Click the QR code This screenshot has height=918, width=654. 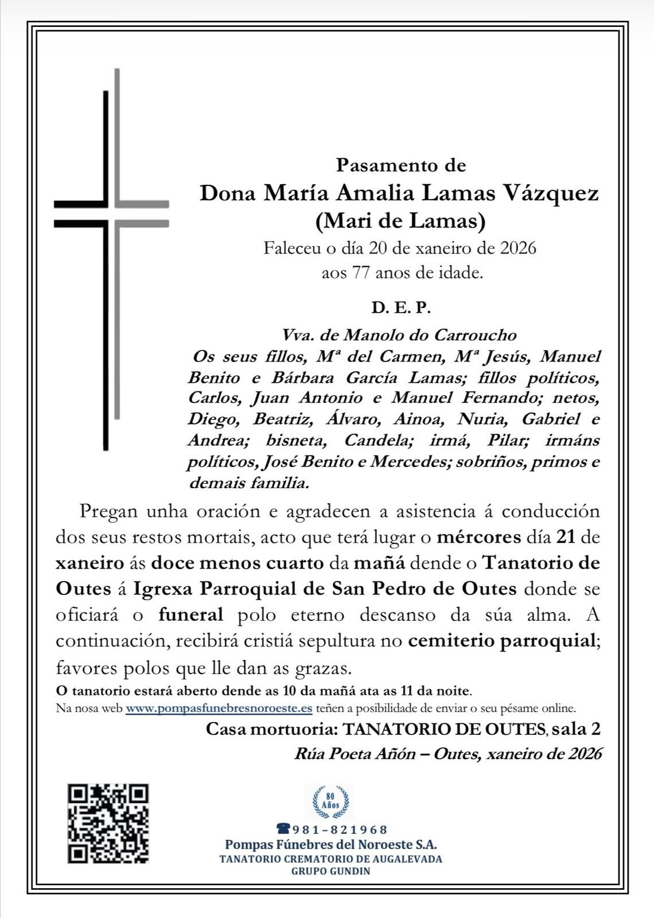108,823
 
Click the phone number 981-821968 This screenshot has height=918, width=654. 340,829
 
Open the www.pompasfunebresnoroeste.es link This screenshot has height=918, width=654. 219,708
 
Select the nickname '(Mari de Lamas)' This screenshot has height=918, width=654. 399,221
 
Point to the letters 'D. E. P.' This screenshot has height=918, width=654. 400,308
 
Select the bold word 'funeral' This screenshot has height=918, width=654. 190,614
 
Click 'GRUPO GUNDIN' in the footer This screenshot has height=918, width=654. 330,871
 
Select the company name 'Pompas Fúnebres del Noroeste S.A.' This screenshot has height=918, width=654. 330,845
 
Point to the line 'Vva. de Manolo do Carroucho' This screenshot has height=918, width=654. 399,334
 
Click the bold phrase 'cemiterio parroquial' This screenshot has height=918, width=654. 501,641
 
